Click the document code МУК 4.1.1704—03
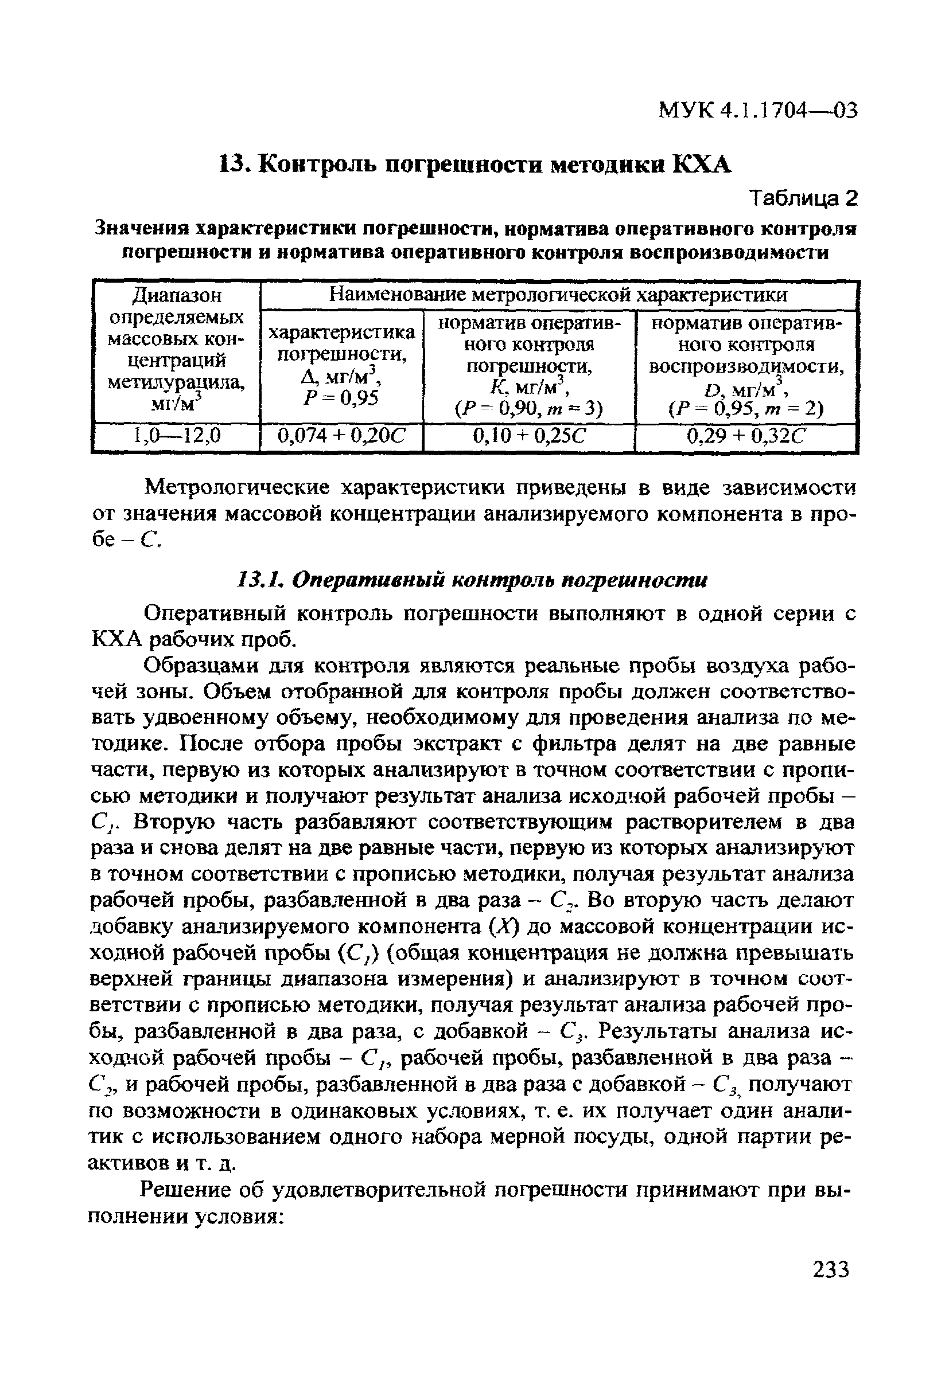pyautogui.click(x=757, y=111)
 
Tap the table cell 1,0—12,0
pyautogui.click(x=176, y=437)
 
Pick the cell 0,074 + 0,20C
pyautogui.click(x=342, y=437)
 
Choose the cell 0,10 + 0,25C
pyautogui.click(x=528, y=437)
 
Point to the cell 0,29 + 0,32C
pyautogui.click(x=746, y=437)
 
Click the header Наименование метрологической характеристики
pyautogui.click(x=558, y=295)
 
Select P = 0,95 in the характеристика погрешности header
pyautogui.click(x=341, y=398)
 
